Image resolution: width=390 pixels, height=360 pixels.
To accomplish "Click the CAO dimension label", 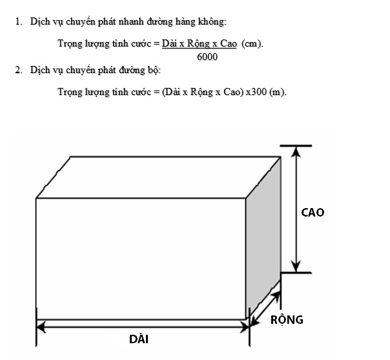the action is [313, 213].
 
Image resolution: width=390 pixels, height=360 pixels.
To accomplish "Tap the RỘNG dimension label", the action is [287, 319].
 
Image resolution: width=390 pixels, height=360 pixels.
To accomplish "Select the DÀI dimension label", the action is [139, 339].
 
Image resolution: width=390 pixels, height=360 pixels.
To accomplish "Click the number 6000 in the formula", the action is [207, 57].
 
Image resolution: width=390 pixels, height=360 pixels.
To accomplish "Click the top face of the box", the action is [158, 178].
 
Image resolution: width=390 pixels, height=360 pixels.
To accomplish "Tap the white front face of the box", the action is [141, 259].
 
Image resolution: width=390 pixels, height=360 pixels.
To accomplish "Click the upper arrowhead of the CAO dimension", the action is [296, 152].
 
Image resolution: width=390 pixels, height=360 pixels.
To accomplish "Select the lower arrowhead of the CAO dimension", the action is [296, 266].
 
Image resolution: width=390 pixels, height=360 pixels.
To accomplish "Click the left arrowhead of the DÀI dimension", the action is [41, 327].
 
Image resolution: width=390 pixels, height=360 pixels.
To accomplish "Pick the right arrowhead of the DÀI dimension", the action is [244, 327].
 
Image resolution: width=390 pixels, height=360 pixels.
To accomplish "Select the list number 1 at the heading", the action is [19, 22].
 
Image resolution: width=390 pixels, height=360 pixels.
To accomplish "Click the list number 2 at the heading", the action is [19, 70].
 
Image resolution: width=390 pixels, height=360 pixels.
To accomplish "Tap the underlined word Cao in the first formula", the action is [229, 43].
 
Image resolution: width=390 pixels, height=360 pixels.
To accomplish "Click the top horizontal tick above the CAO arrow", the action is [296, 145].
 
